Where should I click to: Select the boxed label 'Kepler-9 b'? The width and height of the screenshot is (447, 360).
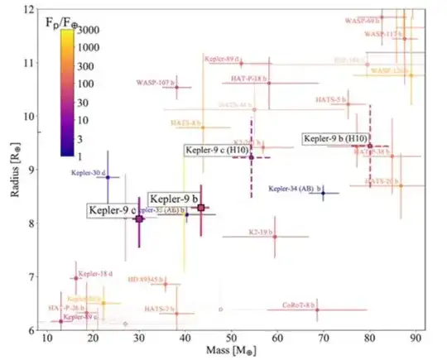click(x=174, y=199)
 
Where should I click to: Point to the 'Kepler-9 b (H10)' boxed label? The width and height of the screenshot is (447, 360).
click(x=335, y=138)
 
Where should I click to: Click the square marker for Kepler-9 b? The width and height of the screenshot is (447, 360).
click(x=201, y=208)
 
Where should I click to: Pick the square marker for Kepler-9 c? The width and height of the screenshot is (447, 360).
click(x=139, y=219)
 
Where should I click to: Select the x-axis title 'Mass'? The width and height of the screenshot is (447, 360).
click(x=236, y=353)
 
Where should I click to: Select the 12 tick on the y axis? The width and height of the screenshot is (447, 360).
click(x=29, y=9)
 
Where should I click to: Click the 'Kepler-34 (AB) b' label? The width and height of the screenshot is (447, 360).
click(x=297, y=190)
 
